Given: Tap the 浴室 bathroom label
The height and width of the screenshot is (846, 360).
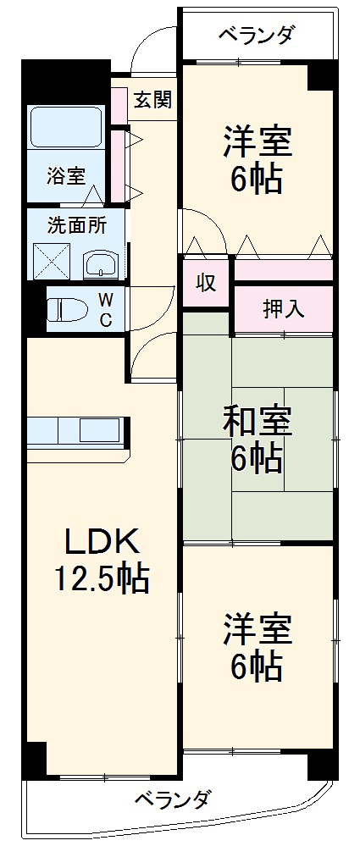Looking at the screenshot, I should point(65,177).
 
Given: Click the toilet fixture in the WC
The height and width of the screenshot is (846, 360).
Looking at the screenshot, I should point(68,310).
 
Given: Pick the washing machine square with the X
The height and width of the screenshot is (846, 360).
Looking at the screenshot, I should point(52,263).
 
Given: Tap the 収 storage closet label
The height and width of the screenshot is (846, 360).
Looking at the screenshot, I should point(204,283).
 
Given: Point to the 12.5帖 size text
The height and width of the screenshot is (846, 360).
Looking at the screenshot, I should point(102,579).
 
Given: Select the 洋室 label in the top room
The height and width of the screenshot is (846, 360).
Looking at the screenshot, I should point(258,142).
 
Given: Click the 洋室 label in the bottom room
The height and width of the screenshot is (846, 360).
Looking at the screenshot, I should point(258,631).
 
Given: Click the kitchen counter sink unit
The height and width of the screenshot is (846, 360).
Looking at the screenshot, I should point(77,431).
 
